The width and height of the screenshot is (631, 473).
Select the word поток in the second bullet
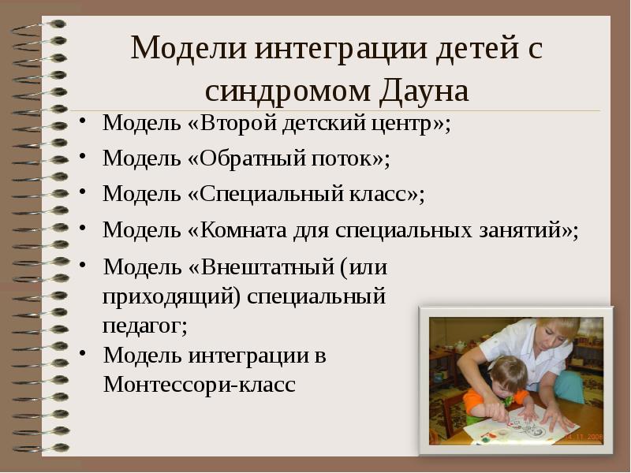point(347,158)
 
